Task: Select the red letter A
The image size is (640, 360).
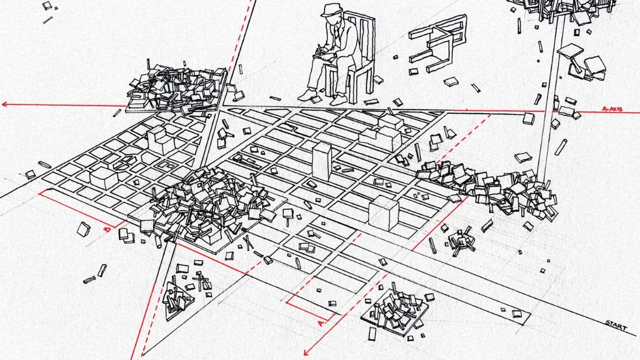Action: click(320, 323)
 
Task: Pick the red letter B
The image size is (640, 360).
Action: click(107, 229)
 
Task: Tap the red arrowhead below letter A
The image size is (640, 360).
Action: click(306, 352)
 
